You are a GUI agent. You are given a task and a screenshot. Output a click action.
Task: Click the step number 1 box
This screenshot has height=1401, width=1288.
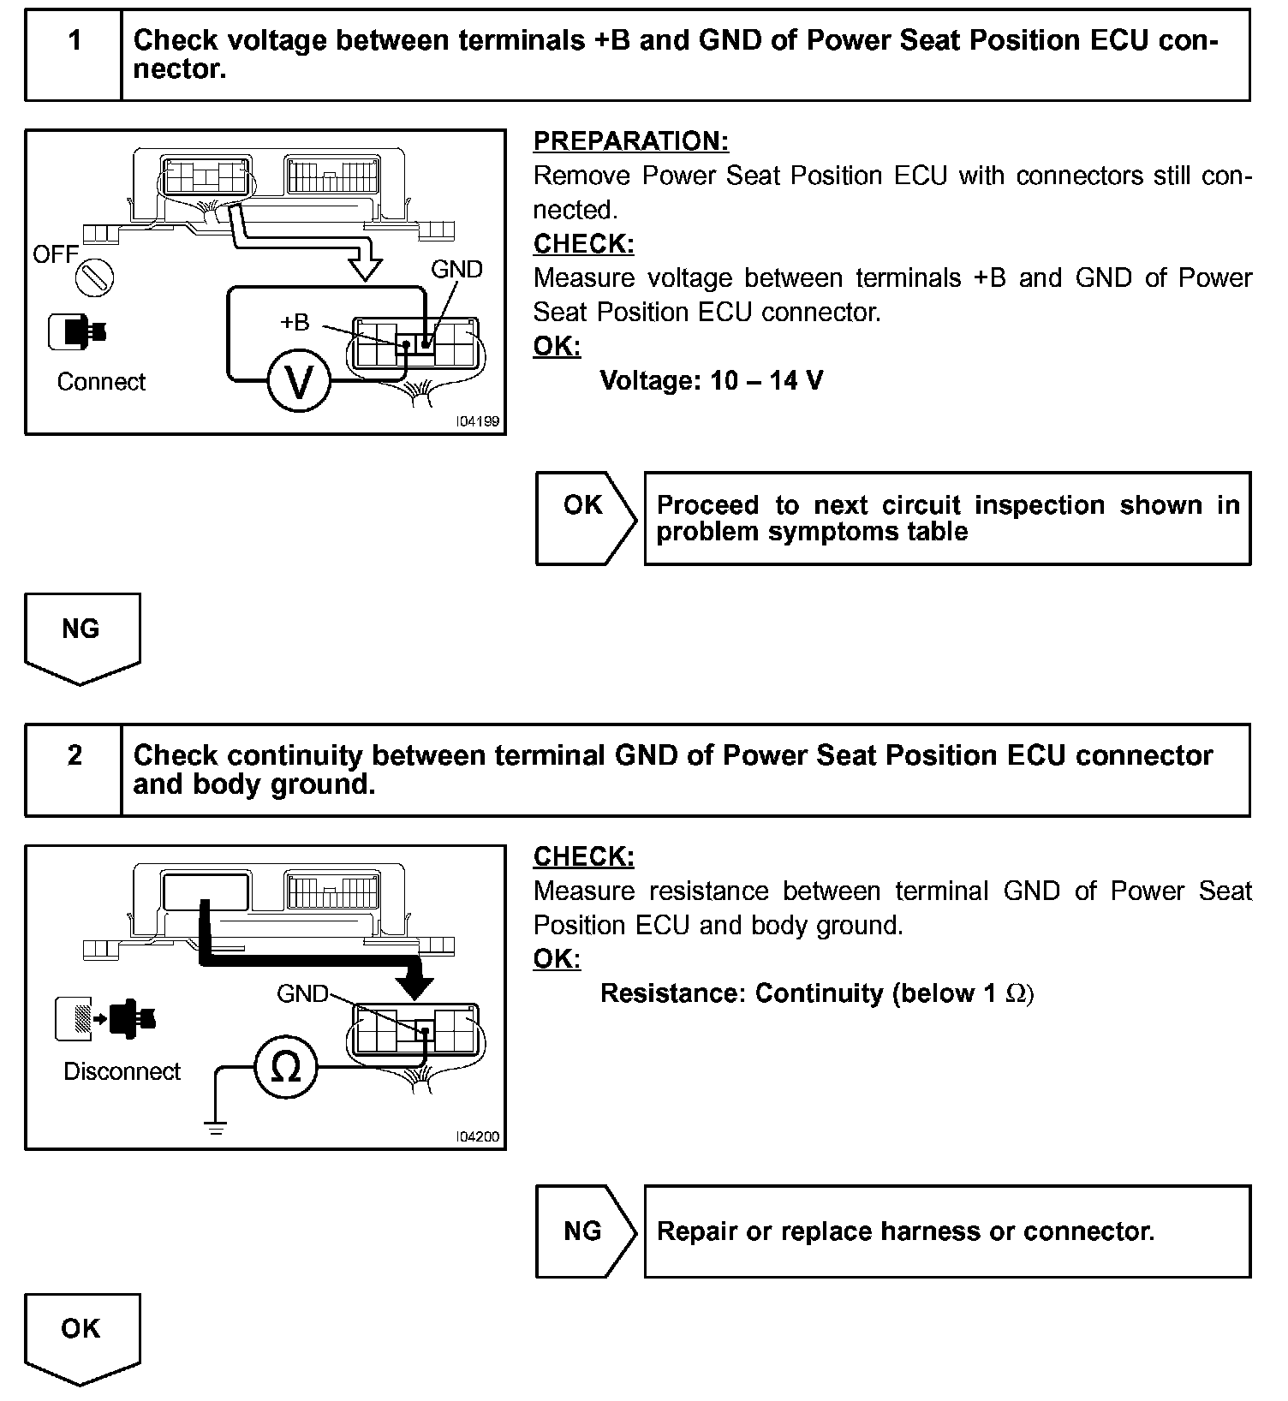pyautogui.click(x=75, y=55)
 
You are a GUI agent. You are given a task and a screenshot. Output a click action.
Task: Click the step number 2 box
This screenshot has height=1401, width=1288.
pyautogui.click(x=75, y=769)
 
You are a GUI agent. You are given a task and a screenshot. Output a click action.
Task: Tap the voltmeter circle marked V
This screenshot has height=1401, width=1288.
pyautogui.click(x=298, y=382)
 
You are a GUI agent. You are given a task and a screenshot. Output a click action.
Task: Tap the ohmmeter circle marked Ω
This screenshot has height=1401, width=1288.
pyautogui.click(x=285, y=1068)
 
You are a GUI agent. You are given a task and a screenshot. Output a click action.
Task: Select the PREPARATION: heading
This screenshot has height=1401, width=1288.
pyautogui.click(x=630, y=141)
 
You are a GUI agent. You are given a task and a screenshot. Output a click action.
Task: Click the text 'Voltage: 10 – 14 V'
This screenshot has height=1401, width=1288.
pyautogui.click(x=711, y=380)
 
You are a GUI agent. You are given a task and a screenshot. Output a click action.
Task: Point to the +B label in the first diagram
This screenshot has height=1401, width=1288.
pyautogui.click(x=295, y=323)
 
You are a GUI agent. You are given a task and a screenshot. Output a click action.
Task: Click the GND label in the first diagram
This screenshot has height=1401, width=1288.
pyautogui.click(x=456, y=270)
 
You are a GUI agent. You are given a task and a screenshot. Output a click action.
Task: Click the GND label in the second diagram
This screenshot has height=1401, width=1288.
pyautogui.click(x=302, y=993)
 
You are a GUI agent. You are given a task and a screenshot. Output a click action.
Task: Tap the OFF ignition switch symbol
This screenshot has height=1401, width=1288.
pyautogui.click(x=94, y=277)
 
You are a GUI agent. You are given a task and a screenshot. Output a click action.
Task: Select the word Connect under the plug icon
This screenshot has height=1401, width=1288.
pyautogui.click(x=101, y=382)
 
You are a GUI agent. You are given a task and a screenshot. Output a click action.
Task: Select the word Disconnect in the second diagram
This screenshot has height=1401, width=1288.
pyautogui.click(x=122, y=1071)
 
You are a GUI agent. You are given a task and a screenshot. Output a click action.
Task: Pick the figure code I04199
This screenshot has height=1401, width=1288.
pyautogui.click(x=478, y=421)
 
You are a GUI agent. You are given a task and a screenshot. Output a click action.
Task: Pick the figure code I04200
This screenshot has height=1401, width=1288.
pyautogui.click(x=478, y=1137)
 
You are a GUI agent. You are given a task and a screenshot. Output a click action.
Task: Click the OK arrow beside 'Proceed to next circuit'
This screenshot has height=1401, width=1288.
pyautogui.click(x=584, y=518)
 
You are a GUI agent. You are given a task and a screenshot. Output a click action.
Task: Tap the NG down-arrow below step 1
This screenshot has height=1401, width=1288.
pyautogui.click(x=81, y=636)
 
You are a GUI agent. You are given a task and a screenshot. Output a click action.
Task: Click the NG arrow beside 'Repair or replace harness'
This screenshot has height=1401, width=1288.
pyautogui.click(x=584, y=1231)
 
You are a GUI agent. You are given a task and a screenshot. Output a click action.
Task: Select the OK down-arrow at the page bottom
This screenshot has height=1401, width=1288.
pyautogui.click(x=81, y=1337)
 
